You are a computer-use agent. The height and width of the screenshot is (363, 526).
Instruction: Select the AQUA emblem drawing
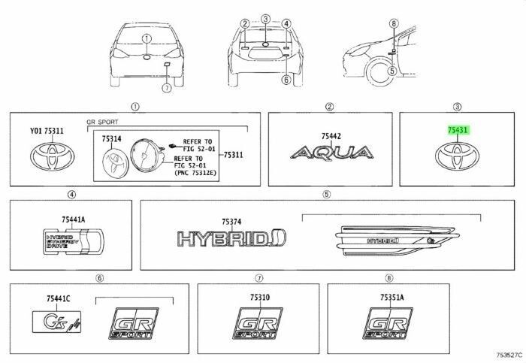point(331,154)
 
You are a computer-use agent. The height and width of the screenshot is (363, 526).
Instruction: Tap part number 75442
point(331,135)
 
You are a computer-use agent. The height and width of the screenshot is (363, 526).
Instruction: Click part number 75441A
point(74,219)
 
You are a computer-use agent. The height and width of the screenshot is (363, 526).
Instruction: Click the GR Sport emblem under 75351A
point(388,323)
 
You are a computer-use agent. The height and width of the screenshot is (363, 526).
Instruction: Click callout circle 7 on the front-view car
point(167,88)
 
